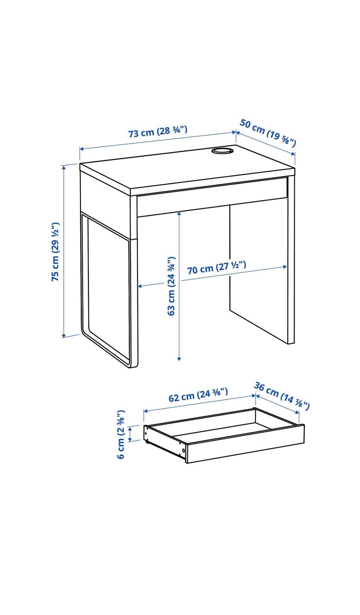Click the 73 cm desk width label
coord(158,131)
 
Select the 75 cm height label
coord(55,252)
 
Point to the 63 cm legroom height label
coord(171,286)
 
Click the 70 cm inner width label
coord(217,268)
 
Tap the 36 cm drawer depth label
coord(282,395)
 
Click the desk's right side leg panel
coord(291,260)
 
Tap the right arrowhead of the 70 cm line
coord(285,266)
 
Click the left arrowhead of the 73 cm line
coord(82,149)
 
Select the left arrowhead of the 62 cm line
coord(146,411)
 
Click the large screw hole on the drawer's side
coord(183,450)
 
